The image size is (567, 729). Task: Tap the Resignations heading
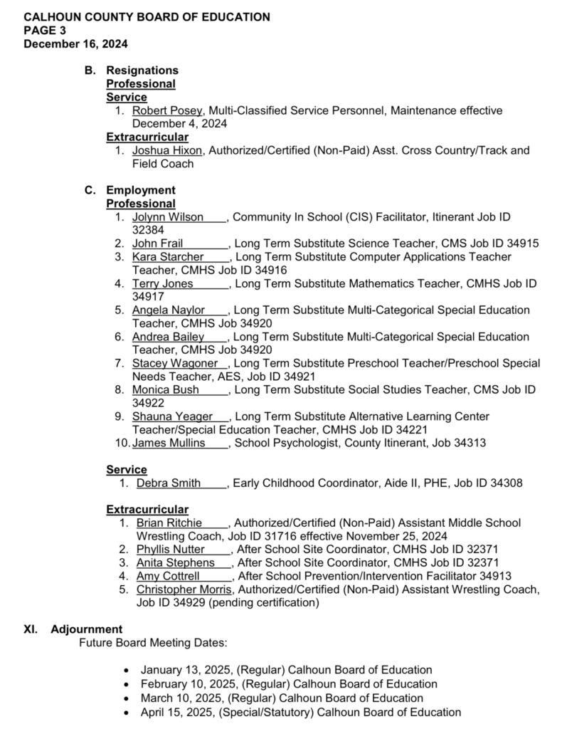pyautogui.click(x=142, y=70)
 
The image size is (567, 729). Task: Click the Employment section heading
pyautogui.click(x=140, y=190)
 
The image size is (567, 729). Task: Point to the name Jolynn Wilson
pyautogui.click(x=168, y=217)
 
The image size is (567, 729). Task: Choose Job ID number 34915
pyautogui.click(x=521, y=243)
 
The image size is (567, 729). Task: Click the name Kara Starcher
pyautogui.click(x=168, y=256)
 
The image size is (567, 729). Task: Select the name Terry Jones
pyautogui.click(x=163, y=283)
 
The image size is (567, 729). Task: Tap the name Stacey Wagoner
pyautogui.click(x=174, y=363)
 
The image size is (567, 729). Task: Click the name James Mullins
pyautogui.click(x=169, y=443)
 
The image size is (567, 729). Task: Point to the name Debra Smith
pyautogui.click(x=169, y=483)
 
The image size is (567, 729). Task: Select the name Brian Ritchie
pyautogui.click(x=169, y=523)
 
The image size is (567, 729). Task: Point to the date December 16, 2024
pyautogui.click(x=75, y=43)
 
